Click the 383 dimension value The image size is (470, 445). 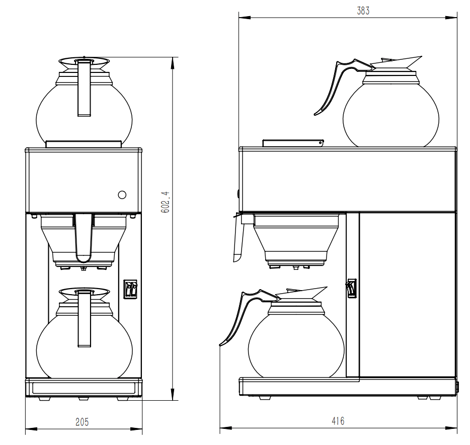363,11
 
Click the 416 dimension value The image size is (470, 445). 339,421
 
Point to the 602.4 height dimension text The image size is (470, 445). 165,202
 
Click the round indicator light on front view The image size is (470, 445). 122,195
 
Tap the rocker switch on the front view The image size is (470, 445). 131,289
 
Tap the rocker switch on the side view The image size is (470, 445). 351,289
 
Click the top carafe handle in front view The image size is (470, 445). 84,88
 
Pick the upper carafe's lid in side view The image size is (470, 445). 395,64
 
